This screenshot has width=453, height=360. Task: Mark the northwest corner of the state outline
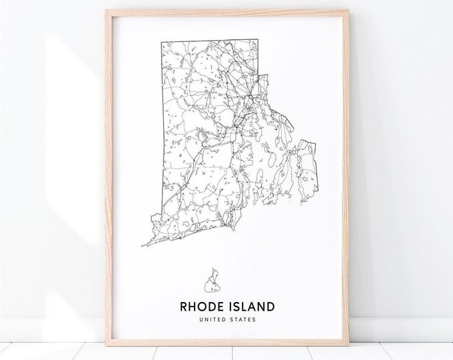click(x=161, y=41)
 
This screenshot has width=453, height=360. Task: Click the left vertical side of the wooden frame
click(x=108, y=173)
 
